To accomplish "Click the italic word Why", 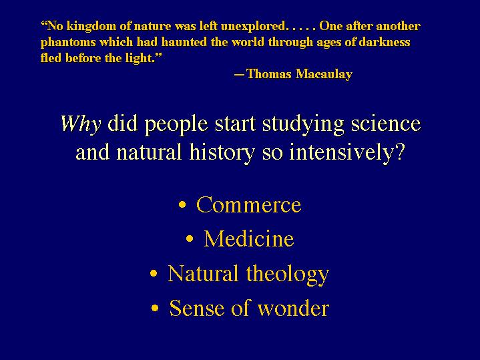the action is pyautogui.click(x=81, y=124).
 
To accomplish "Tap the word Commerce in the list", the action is pyautogui.click(x=248, y=204).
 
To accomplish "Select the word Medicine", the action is pyautogui.click(x=249, y=238).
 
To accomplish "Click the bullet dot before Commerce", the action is pyautogui.click(x=182, y=204).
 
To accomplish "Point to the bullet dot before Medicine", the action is pyautogui.click(x=190, y=238).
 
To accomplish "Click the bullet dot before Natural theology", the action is pyautogui.click(x=154, y=273).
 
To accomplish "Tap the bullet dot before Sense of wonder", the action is pyautogui.click(x=155, y=308).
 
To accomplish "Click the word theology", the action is pyautogui.click(x=288, y=275).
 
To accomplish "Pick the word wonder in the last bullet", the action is pyautogui.click(x=293, y=308).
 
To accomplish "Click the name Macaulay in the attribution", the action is pyautogui.click(x=324, y=74).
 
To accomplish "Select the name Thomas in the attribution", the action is pyautogui.click(x=268, y=74).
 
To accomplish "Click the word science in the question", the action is pyautogui.click(x=386, y=124).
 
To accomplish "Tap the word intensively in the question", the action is pyautogui.click(x=347, y=152).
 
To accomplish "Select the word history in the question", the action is pyautogui.click(x=222, y=152).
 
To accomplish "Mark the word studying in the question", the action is pyautogui.click(x=303, y=125).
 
